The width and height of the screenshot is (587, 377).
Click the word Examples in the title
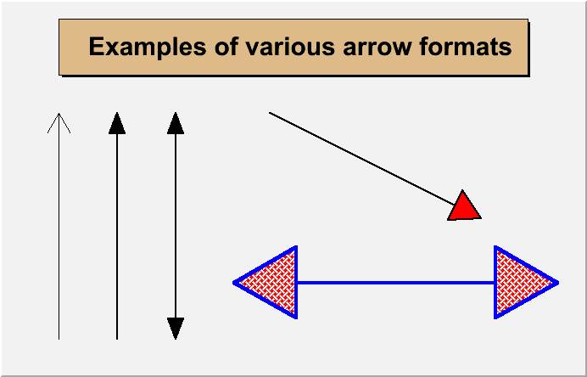point(147,48)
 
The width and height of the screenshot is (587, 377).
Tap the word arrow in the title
point(377,49)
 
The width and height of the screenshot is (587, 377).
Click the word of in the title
point(226,48)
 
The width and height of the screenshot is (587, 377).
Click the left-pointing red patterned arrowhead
point(266,282)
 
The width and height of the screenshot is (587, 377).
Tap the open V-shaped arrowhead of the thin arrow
point(59,123)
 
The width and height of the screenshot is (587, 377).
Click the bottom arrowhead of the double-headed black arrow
point(176,329)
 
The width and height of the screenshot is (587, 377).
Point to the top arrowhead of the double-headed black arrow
point(176,123)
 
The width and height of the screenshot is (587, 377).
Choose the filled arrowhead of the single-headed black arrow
point(117,123)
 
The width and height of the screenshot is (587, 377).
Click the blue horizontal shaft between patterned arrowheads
point(395,283)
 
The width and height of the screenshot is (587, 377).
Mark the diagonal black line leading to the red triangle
point(362,159)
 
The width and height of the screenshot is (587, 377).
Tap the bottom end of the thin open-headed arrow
point(59,339)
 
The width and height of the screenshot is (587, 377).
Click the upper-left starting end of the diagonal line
point(270,112)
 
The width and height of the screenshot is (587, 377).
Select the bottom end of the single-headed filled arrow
point(117,339)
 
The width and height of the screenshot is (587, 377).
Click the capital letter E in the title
point(96,47)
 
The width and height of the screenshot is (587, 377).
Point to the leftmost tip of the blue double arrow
point(233,283)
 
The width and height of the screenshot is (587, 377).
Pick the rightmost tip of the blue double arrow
point(558,283)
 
